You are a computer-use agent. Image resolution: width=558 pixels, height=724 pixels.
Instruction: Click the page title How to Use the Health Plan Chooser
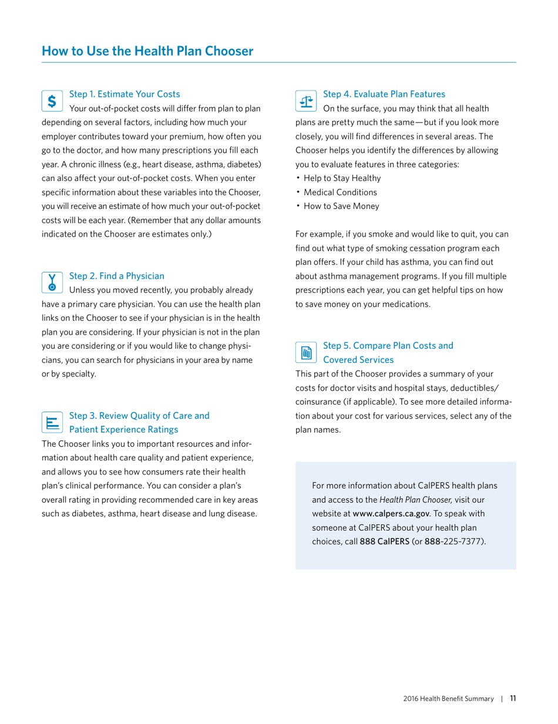coord(148,50)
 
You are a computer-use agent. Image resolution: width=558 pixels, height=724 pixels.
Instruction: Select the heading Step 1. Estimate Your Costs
coord(124,93)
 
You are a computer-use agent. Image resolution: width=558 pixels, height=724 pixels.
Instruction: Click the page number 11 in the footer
coord(513,698)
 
